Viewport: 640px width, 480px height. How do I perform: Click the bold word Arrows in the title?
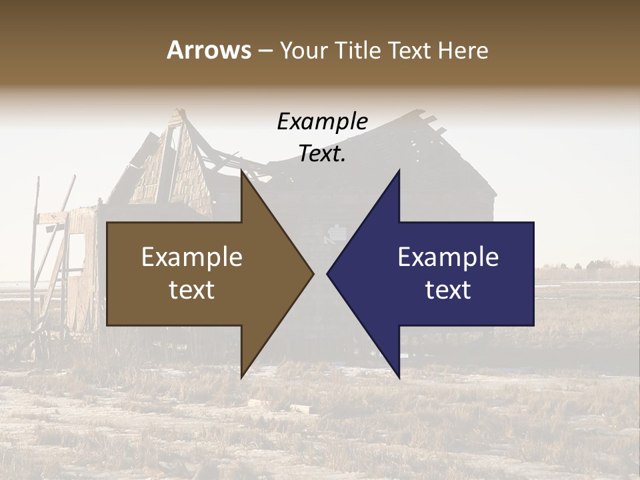click(x=209, y=50)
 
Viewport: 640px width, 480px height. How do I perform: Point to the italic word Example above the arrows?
click(x=322, y=121)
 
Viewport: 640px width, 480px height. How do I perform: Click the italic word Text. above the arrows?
click(x=322, y=154)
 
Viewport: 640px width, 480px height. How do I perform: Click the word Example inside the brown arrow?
click(x=192, y=257)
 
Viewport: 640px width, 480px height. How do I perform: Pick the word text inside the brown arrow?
click(x=192, y=290)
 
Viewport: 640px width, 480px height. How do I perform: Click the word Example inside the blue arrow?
click(x=448, y=257)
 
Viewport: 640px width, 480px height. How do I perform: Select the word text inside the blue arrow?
click(x=448, y=290)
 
